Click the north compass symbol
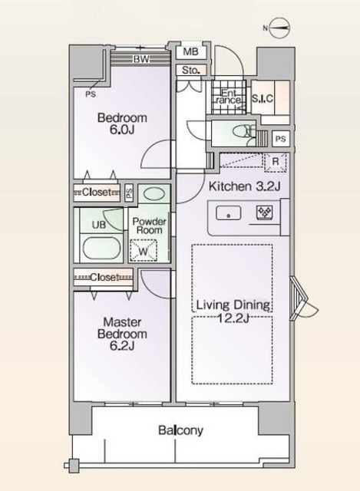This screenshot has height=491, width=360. click(x=279, y=28)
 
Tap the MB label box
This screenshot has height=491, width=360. click(x=191, y=51)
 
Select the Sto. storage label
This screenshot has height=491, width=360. click(x=190, y=70)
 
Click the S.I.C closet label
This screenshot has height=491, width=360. click(x=263, y=98)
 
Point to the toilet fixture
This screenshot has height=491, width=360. click(x=245, y=131)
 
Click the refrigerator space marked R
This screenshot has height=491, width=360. click(x=275, y=162)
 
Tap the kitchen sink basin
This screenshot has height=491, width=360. click(x=229, y=213)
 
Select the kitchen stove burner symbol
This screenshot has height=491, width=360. click(x=265, y=213)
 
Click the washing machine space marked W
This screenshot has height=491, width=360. click(x=144, y=250)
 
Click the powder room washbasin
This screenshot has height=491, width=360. click(x=154, y=193)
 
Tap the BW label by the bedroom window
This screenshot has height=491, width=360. click(x=141, y=59)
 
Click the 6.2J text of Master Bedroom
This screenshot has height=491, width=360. click(x=122, y=346)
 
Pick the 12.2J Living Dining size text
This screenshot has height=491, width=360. click(x=233, y=318)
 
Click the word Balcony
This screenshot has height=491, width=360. click(x=180, y=430)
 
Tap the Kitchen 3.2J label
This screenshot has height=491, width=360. click(x=244, y=186)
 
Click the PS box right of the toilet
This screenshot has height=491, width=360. click(x=280, y=138)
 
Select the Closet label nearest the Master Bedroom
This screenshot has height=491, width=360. click(x=104, y=277)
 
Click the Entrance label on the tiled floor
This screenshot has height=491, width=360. click(x=229, y=97)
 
